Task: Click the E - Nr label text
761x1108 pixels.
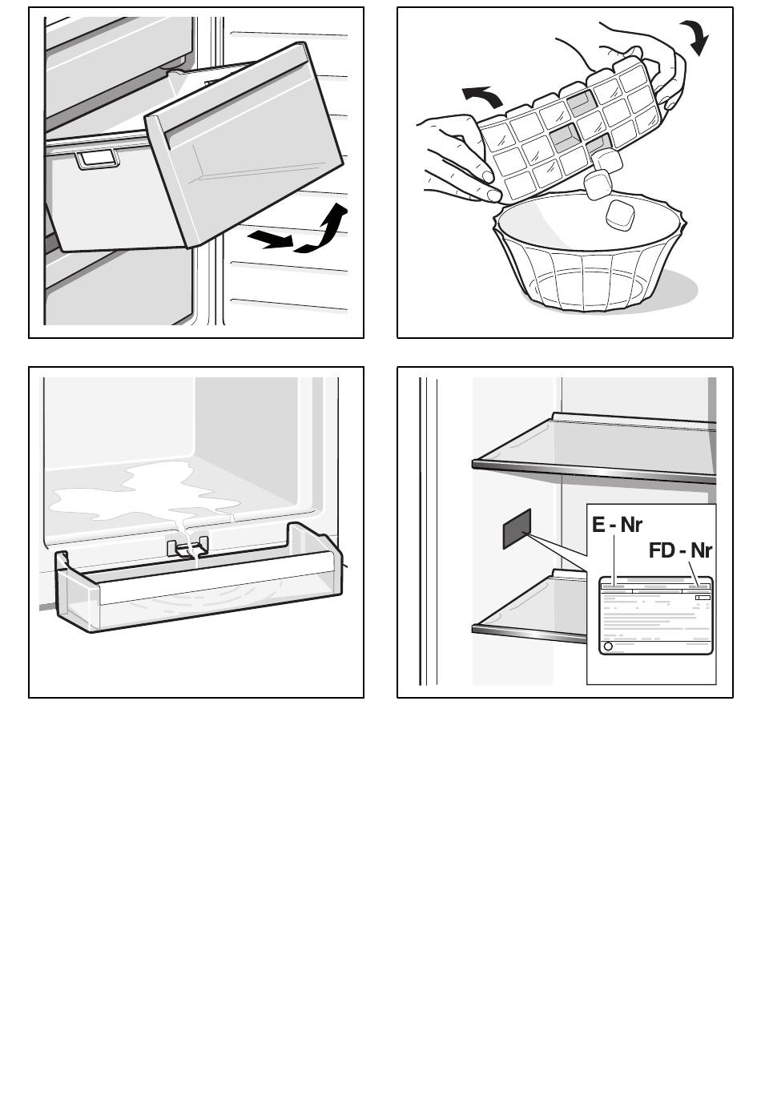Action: (x=617, y=525)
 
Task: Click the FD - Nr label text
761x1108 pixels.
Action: (x=680, y=550)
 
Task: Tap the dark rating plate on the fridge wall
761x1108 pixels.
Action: (x=517, y=529)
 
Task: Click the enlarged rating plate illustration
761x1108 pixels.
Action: (x=656, y=615)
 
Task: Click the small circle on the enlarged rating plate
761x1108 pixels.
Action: (x=608, y=646)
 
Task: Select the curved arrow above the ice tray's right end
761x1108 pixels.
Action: (x=697, y=37)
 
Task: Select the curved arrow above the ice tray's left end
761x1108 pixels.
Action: (x=481, y=96)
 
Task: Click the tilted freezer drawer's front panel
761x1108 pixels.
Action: (x=244, y=144)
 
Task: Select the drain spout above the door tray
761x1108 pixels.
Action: (x=188, y=546)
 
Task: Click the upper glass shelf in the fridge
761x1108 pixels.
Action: (x=594, y=448)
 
